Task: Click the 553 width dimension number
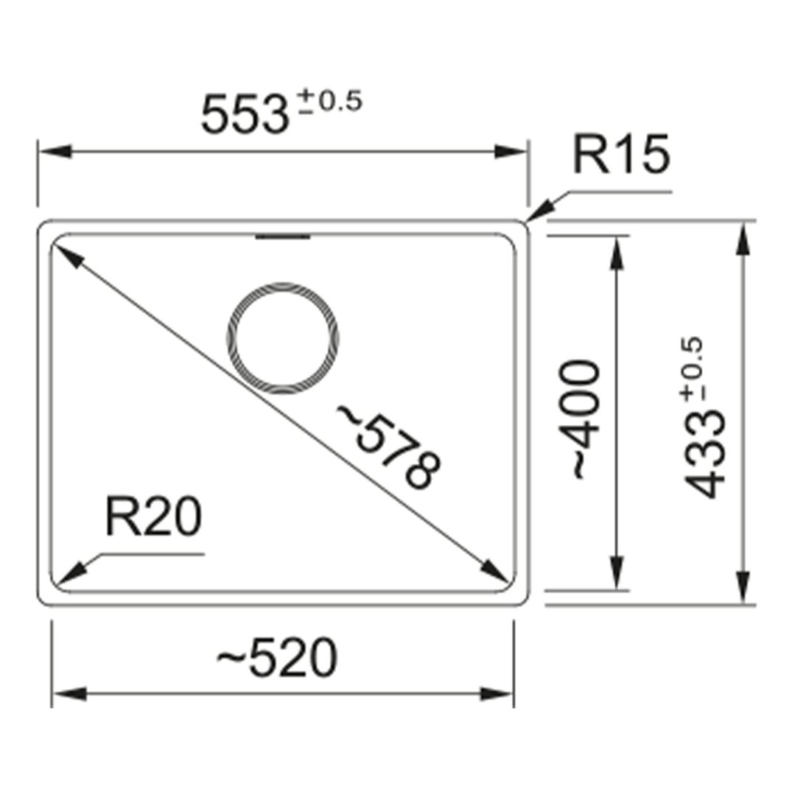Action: tap(245, 115)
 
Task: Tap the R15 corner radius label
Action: tap(621, 154)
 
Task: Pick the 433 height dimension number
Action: tap(704, 455)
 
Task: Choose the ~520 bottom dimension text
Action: tap(277, 658)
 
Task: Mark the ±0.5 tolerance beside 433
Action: tap(693, 369)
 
